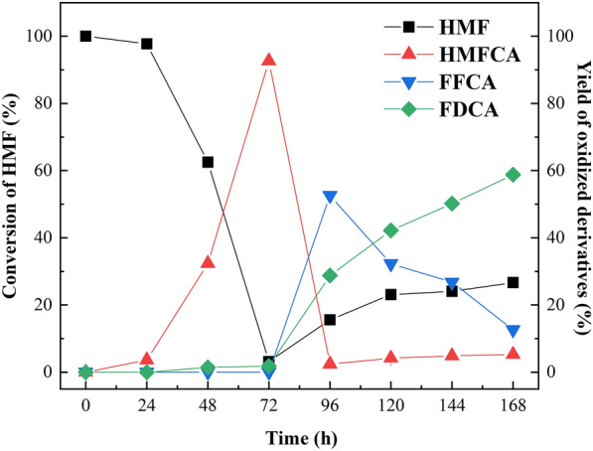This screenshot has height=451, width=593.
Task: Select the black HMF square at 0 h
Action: (x=85, y=36)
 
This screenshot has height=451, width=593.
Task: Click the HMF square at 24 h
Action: (x=147, y=44)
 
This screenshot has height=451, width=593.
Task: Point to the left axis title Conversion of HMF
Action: (x=13, y=204)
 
